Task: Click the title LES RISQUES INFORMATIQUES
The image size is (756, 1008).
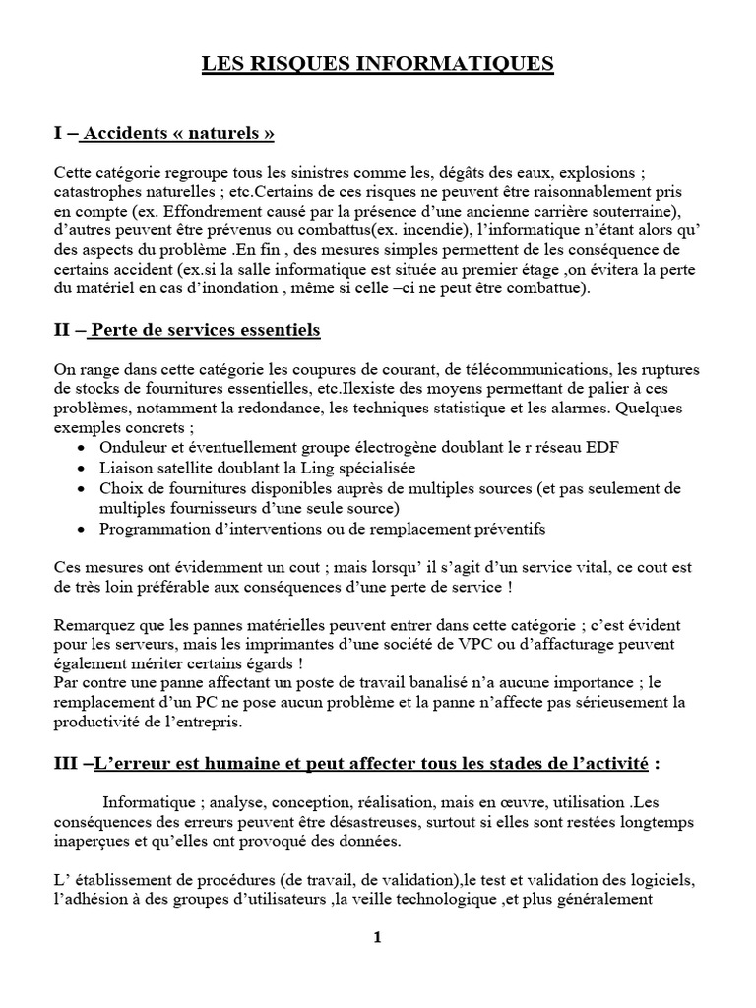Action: pos(378,65)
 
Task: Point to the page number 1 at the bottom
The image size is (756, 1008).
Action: pos(377,937)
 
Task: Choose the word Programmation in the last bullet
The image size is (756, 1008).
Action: pos(148,529)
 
